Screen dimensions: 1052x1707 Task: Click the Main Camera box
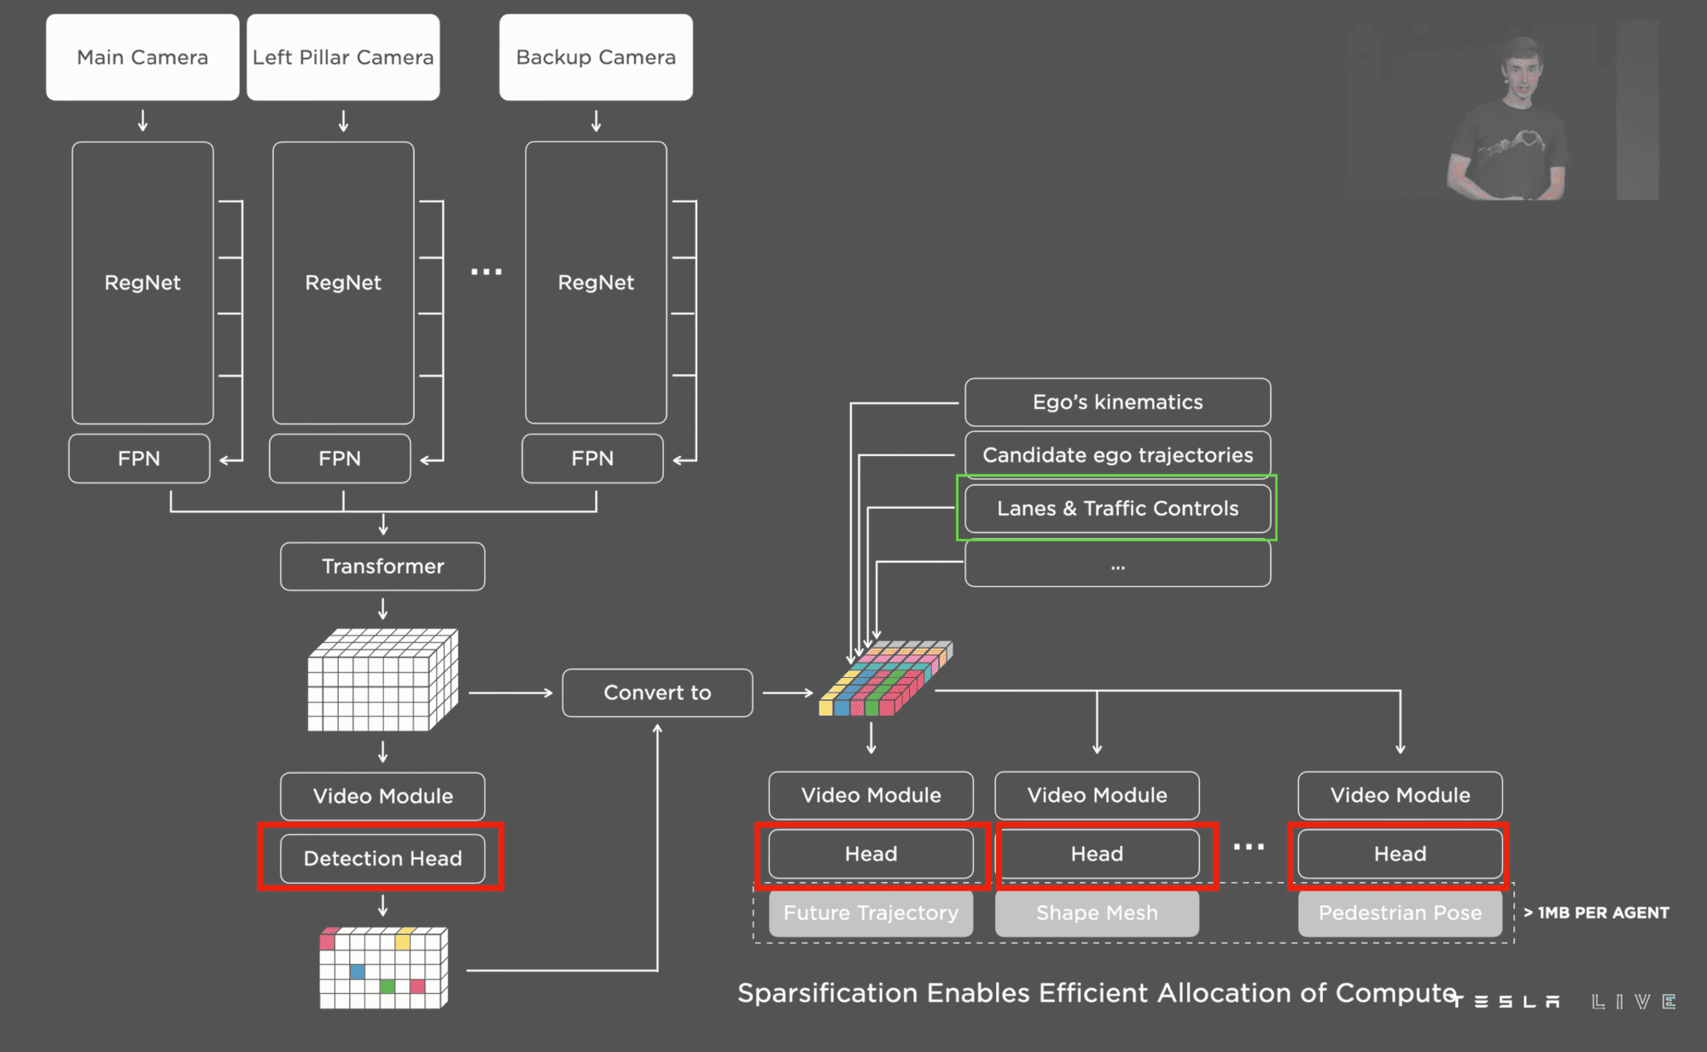tap(143, 57)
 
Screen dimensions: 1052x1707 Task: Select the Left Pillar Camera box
tap(343, 57)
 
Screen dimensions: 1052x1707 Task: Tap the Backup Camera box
tap(596, 57)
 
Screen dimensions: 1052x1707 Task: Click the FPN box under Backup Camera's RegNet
tap(592, 459)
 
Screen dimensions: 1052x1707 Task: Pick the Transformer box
tap(382, 566)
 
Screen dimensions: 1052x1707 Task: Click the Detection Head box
tap(382, 858)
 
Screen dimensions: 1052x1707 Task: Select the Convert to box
tap(657, 693)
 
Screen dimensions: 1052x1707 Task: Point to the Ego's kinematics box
tap(1117, 402)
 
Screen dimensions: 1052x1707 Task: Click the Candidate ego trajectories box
tap(1117, 455)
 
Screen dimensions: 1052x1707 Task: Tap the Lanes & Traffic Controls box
tap(1117, 508)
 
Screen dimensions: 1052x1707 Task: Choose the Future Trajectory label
tap(871, 913)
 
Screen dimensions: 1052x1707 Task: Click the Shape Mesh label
tap(1097, 913)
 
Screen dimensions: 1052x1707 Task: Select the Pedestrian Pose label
tap(1400, 913)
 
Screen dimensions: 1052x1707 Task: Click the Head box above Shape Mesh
tap(1097, 854)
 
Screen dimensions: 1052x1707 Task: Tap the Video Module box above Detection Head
tap(382, 796)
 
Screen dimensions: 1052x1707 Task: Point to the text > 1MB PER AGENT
tap(1596, 913)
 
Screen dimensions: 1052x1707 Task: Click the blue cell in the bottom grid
tap(358, 972)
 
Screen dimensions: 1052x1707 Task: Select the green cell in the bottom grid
tap(387, 986)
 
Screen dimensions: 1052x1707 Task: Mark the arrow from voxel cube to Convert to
tap(510, 693)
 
